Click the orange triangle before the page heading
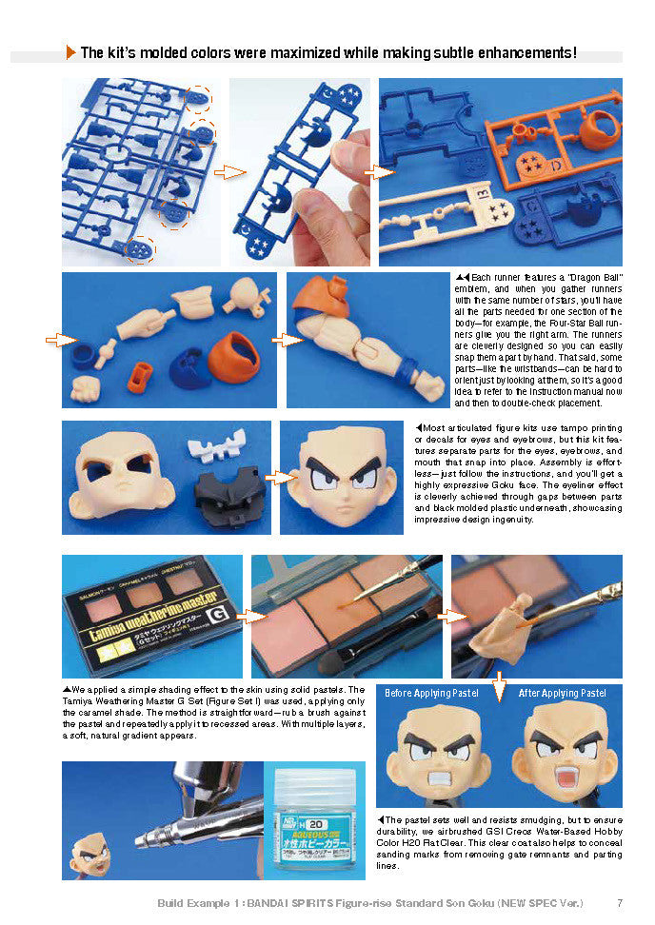click(70, 53)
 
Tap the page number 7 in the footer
click(620, 902)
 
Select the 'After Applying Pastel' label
click(562, 693)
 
